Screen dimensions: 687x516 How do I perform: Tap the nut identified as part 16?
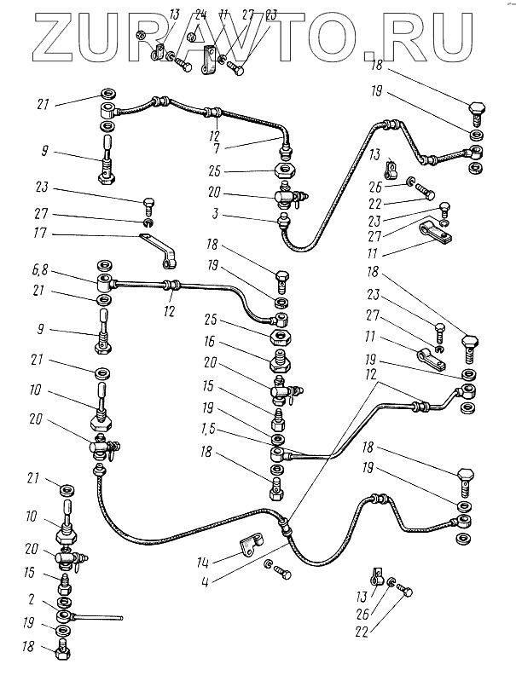281,359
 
